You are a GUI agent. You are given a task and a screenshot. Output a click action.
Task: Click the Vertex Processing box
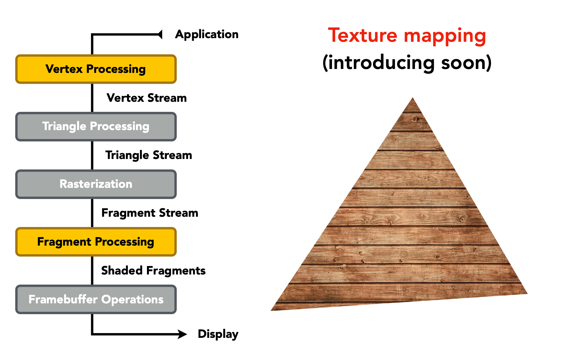(96, 69)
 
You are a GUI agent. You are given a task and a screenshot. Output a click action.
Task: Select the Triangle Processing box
(96, 126)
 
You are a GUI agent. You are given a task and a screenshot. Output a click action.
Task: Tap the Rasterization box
(96, 184)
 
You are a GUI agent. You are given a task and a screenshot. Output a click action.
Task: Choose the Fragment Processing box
(96, 242)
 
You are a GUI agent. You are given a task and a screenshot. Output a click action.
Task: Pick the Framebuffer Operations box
(96, 299)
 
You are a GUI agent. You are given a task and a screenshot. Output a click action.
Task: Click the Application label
(207, 34)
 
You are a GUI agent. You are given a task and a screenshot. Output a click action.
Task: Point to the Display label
(218, 334)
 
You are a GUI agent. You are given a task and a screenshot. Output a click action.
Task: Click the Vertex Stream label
(147, 98)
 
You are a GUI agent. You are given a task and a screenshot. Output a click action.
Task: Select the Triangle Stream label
(149, 155)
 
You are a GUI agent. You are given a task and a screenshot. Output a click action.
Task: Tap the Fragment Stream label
(150, 213)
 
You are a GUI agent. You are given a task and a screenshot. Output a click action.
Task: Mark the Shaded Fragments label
(153, 271)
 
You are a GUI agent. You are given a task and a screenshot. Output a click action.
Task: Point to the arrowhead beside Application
(160, 34)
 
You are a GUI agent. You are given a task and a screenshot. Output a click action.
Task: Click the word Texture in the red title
(363, 36)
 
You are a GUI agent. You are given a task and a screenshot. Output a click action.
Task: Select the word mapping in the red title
(445, 36)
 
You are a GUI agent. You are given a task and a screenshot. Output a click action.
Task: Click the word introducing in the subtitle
(381, 63)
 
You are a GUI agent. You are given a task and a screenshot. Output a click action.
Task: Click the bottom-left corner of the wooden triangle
(272, 310)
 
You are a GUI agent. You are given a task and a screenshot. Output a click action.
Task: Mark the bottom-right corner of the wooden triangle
(527, 293)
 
